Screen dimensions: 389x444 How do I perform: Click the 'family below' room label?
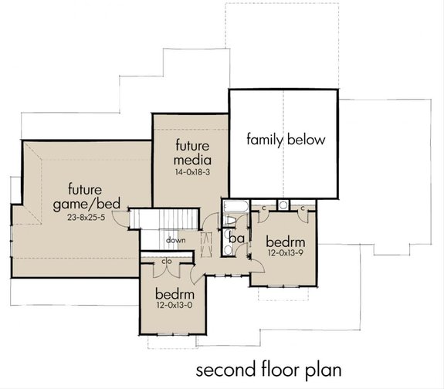286,140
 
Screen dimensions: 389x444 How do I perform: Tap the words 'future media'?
190,153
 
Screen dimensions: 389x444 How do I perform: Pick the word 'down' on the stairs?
175,239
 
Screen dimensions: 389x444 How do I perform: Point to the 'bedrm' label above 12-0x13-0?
174,295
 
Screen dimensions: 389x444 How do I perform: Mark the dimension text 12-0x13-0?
174,308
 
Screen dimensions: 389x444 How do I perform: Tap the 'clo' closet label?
166,261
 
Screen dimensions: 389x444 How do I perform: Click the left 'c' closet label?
264,208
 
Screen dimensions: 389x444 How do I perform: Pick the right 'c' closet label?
303,208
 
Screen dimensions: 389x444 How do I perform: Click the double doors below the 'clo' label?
166,272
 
